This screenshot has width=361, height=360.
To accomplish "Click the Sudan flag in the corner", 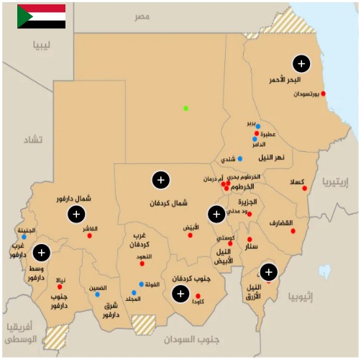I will [x=42, y=16].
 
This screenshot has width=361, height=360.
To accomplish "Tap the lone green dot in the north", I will [x=186, y=108].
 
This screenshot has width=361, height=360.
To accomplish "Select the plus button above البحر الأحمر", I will [x=301, y=63].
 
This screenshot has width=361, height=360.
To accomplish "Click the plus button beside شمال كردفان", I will [x=161, y=179].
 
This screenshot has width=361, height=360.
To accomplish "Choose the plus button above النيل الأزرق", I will [x=268, y=271].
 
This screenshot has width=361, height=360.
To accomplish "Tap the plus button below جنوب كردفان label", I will [x=180, y=293].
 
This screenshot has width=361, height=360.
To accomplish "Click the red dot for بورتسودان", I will [x=324, y=94].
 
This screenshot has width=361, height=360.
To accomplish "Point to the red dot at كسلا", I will [x=304, y=189].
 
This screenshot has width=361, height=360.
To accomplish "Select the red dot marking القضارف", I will [x=293, y=231].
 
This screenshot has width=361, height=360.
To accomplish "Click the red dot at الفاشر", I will [x=90, y=235].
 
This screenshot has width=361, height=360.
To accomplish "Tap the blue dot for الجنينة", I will [x=24, y=236].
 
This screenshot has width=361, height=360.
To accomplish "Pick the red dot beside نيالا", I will [x=60, y=287].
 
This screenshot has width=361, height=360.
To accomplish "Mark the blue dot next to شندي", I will [x=240, y=158].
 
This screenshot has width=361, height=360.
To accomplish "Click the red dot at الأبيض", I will [x=191, y=235].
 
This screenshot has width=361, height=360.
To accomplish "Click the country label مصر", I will [x=142, y=16].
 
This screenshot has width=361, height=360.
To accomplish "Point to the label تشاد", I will [x=30, y=138].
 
